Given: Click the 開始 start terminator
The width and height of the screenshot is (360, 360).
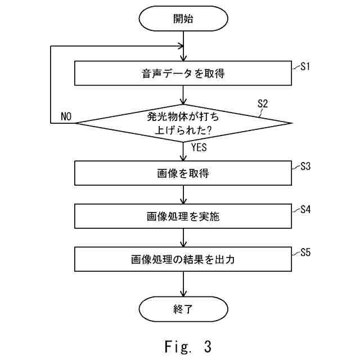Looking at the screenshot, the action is tap(183, 19).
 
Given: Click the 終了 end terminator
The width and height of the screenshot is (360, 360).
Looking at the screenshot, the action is tap(183, 309).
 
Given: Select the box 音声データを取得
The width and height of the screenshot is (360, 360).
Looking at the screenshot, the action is tap(183, 73).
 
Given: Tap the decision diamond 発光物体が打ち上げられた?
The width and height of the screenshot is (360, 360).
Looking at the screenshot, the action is tap(184, 123).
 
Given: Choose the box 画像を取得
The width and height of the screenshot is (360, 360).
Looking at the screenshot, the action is tap(183, 173).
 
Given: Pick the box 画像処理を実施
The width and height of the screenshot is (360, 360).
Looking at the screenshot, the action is tap(183, 216).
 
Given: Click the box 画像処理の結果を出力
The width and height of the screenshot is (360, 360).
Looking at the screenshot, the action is tap(183, 259).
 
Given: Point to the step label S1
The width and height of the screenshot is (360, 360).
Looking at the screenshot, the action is tap(305, 66).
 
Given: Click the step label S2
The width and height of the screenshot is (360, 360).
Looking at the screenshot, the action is tap(263, 103).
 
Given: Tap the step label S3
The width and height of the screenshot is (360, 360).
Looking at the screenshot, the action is tap(305, 166).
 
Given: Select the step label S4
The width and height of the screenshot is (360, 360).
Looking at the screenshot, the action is tap(305, 209).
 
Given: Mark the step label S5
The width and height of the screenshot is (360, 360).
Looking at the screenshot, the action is tap(305, 253).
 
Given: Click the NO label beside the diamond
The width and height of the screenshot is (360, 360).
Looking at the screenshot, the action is tap(66, 116).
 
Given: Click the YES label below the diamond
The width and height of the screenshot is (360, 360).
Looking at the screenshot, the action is tap(199, 147).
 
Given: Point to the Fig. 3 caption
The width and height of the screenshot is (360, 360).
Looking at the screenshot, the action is tap(188, 346).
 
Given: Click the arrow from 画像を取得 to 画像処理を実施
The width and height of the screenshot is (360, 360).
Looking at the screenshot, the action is tap(183, 195).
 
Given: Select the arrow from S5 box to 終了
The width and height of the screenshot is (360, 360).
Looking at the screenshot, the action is tap(183, 284).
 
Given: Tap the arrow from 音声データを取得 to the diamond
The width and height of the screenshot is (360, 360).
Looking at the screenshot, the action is tap(183, 95).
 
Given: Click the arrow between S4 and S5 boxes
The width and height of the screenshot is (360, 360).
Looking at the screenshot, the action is tap(183, 238).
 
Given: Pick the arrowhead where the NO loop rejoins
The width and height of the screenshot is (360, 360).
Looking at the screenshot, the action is tap(181, 46).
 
